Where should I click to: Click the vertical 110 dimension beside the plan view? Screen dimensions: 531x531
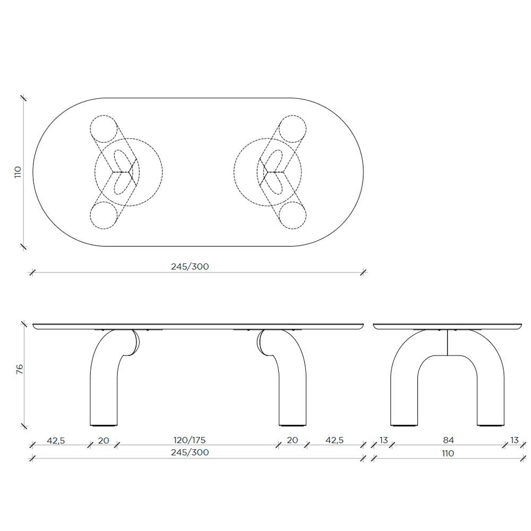point(18,172)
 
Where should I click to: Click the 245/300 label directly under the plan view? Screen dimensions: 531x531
point(190,267)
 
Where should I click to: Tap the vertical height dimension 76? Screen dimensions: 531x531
point(20,369)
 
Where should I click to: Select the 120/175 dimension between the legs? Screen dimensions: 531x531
point(190,440)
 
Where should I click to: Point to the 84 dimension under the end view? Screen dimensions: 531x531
point(448,440)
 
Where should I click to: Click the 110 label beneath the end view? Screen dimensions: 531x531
point(448,453)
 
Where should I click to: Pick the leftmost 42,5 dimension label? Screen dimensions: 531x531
point(56,440)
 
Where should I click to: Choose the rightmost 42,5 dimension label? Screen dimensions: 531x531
point(335,440)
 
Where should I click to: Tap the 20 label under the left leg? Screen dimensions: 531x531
point(104,440)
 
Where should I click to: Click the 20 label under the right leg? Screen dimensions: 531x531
point(292,440)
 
